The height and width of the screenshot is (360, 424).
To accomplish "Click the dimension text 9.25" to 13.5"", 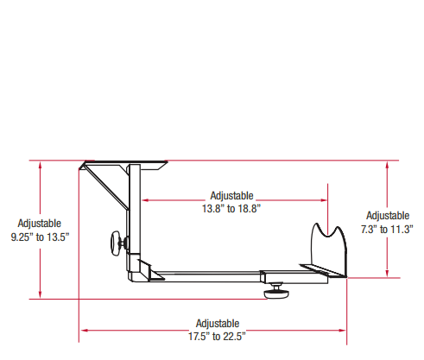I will [40, 236].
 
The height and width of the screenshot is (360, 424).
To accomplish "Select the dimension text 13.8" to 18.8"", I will [231, 208].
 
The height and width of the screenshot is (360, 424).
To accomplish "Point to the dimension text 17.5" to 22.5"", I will [218, 336].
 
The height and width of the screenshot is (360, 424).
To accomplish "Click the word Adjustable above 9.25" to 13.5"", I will [40, 223].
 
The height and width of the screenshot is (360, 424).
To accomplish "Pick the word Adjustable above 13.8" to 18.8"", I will [231, 196].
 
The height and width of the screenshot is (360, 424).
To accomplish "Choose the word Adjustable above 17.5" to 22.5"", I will [218, 323].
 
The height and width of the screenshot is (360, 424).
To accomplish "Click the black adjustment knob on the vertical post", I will [116, 244].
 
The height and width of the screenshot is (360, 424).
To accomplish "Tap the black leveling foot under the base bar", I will [276, 291].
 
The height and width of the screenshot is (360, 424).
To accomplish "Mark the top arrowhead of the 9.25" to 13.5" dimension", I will [40, 164].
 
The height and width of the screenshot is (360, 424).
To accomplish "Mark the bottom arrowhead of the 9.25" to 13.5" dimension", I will [40, 296].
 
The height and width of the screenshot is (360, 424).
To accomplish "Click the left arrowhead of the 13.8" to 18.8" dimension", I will [145, 201].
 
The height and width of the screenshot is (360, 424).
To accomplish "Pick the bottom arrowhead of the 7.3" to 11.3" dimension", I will [388, 274].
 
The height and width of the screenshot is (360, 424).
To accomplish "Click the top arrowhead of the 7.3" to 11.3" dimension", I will [388, 164].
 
